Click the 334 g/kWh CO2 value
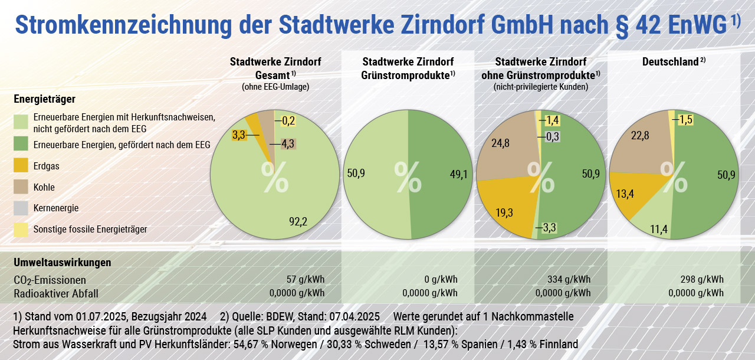coord(569,279)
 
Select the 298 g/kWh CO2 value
coord(703,279)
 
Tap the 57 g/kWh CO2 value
coord(306,279)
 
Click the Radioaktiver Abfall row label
coord(56,293)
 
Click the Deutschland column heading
coord(671,62)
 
